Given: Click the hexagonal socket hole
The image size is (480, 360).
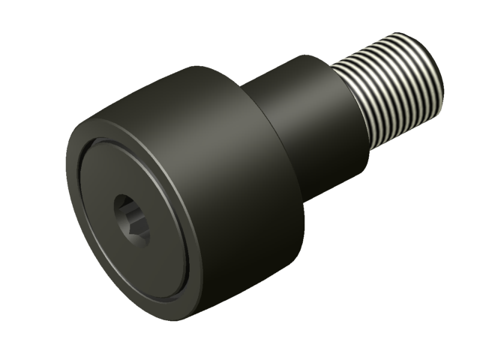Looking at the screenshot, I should tap(131, 218).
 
